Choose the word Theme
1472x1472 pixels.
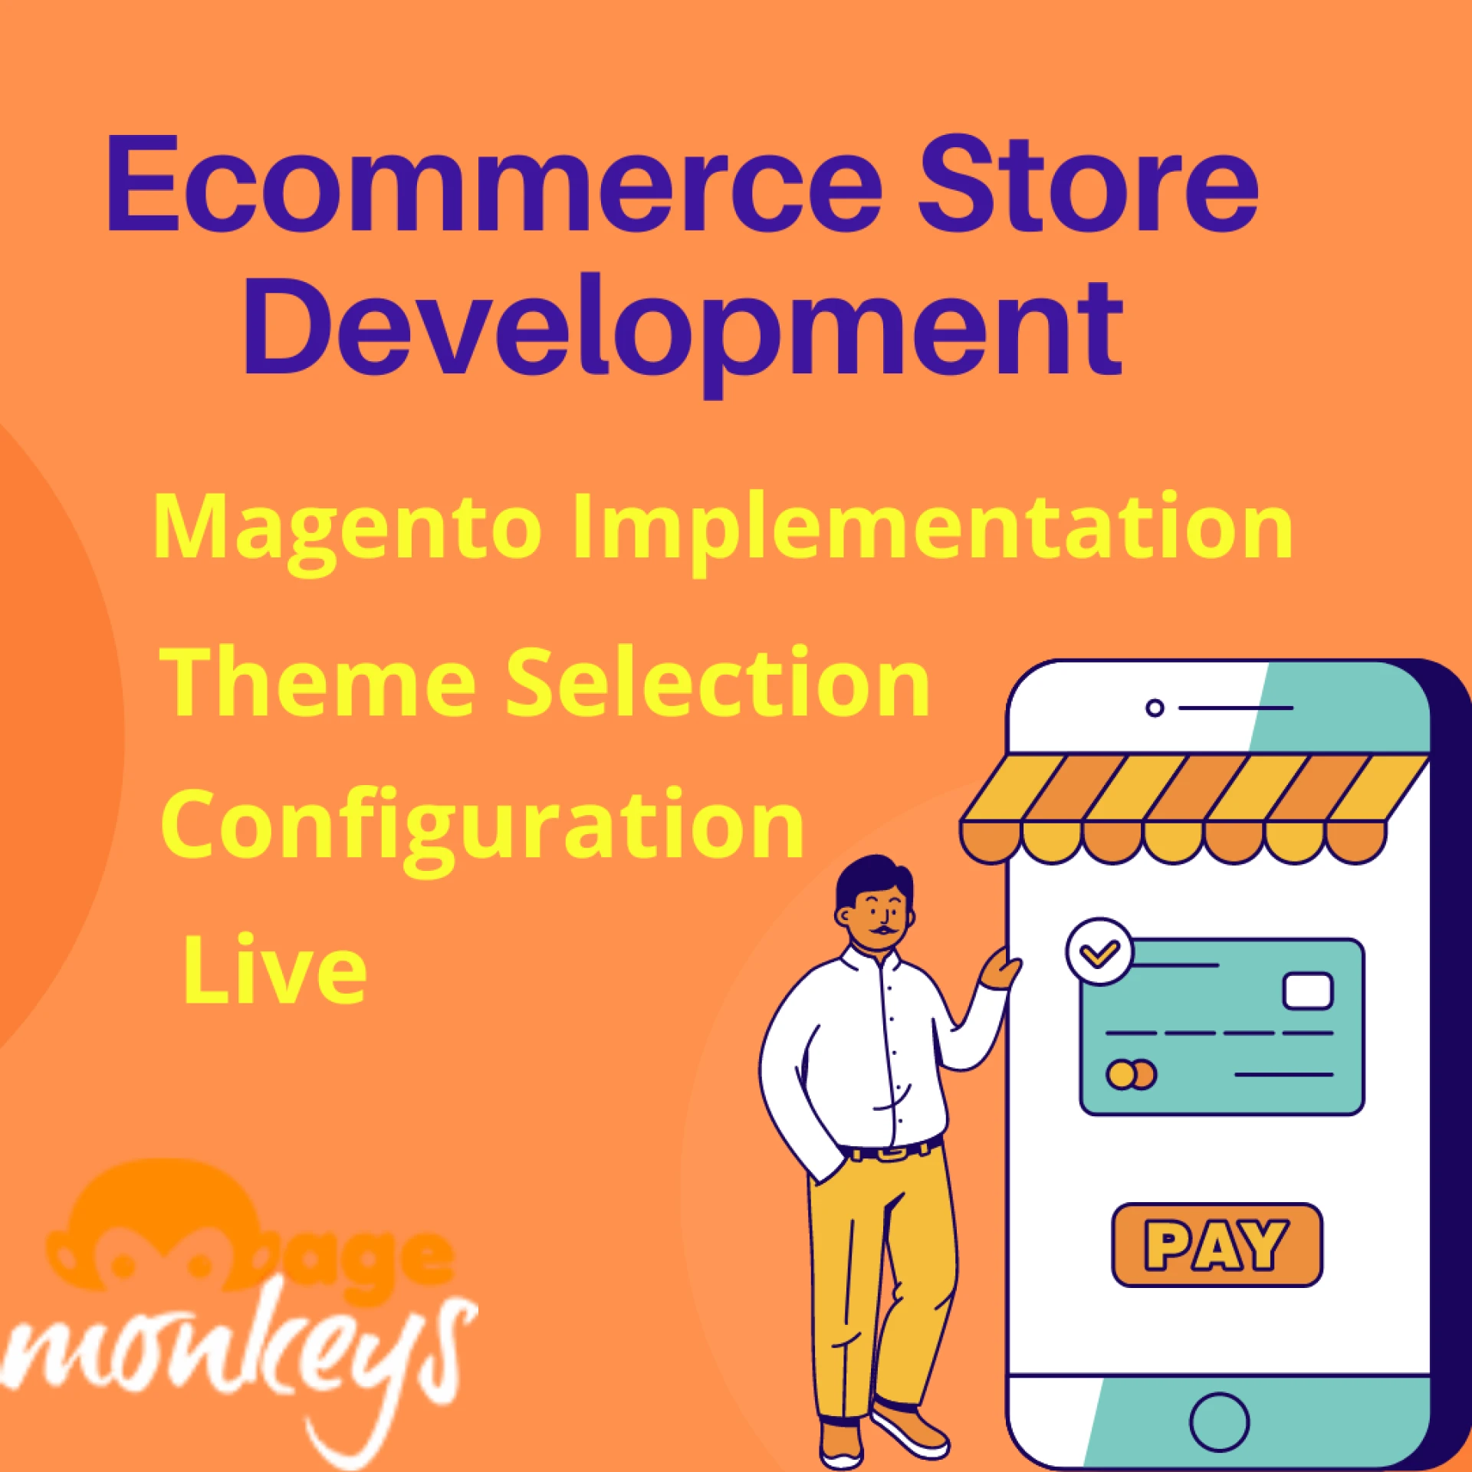click(318, 682)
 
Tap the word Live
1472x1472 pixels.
click(274, 969)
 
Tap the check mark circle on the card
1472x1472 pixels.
click(1099, 952)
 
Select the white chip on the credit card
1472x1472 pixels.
click(1308, 991)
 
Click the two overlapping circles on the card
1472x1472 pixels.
click(1131, 1074)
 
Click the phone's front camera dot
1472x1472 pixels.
click(1155, 708)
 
